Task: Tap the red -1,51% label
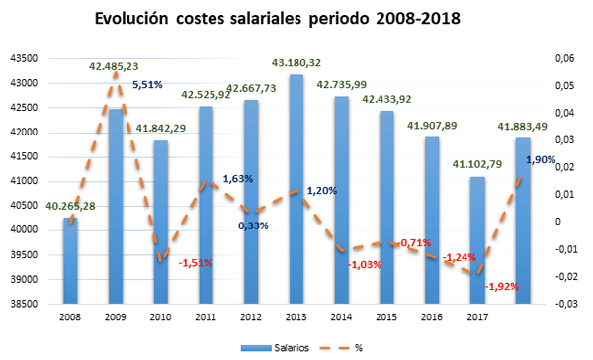click(x=196, y=263)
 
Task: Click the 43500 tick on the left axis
click(x=22, y=58)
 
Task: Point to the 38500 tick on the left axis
click(x=22, y=304)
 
